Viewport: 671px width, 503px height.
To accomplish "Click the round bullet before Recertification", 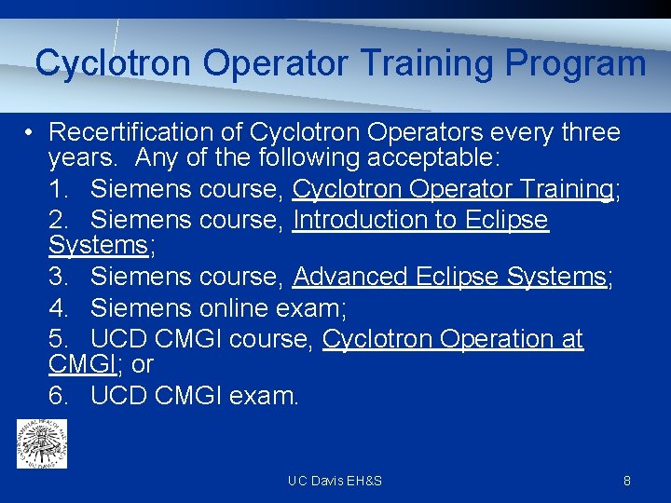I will pyautogui.click(x=31, y=132).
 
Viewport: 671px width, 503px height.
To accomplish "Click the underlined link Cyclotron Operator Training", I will pyautogui.click(x=452, y=189).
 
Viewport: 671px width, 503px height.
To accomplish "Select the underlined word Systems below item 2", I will pyautogui.click(x=98, y=246).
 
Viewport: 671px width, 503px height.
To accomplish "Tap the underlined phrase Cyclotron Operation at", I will pyautogui.click(x=452, y=339).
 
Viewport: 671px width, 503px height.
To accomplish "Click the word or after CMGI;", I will pyautogui.click(x=143, y=364).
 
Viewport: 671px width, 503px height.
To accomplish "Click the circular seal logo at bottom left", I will pyautogui.click(x=42, y=442).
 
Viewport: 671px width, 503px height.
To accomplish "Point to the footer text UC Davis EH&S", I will pyautogui.click(x=335, y=481).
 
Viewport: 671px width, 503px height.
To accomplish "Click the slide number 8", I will pyautogui.click(x=627, y=481).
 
